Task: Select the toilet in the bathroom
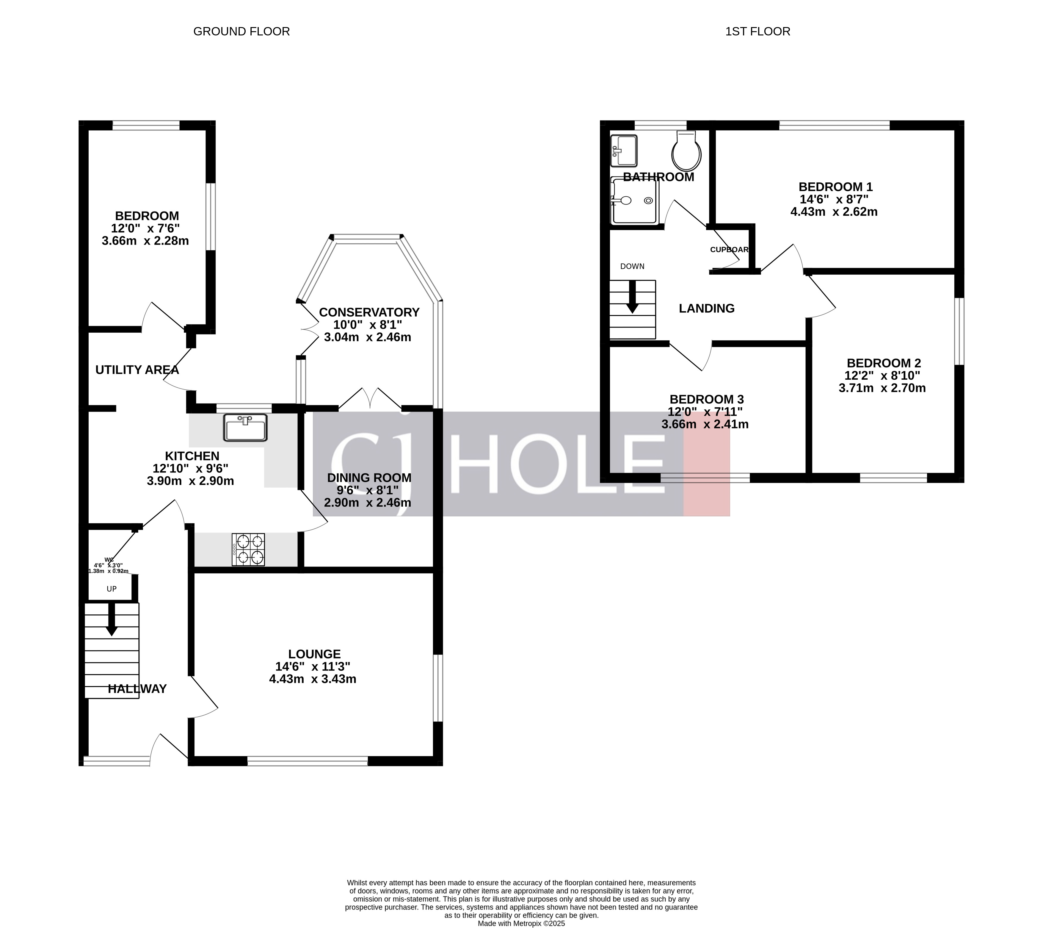pos(686,152)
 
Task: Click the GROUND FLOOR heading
pos(241,32)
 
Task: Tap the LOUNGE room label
pos(314,654)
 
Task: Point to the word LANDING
pos(706,308)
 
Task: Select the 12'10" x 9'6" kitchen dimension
pos(190,468)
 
